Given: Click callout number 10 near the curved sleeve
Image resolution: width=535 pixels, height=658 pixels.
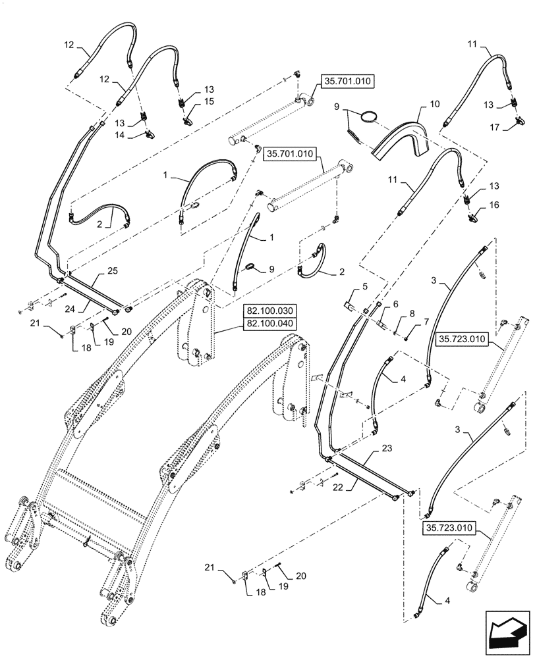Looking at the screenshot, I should (434, 105).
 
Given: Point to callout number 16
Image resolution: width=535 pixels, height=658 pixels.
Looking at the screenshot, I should (494, 206).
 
